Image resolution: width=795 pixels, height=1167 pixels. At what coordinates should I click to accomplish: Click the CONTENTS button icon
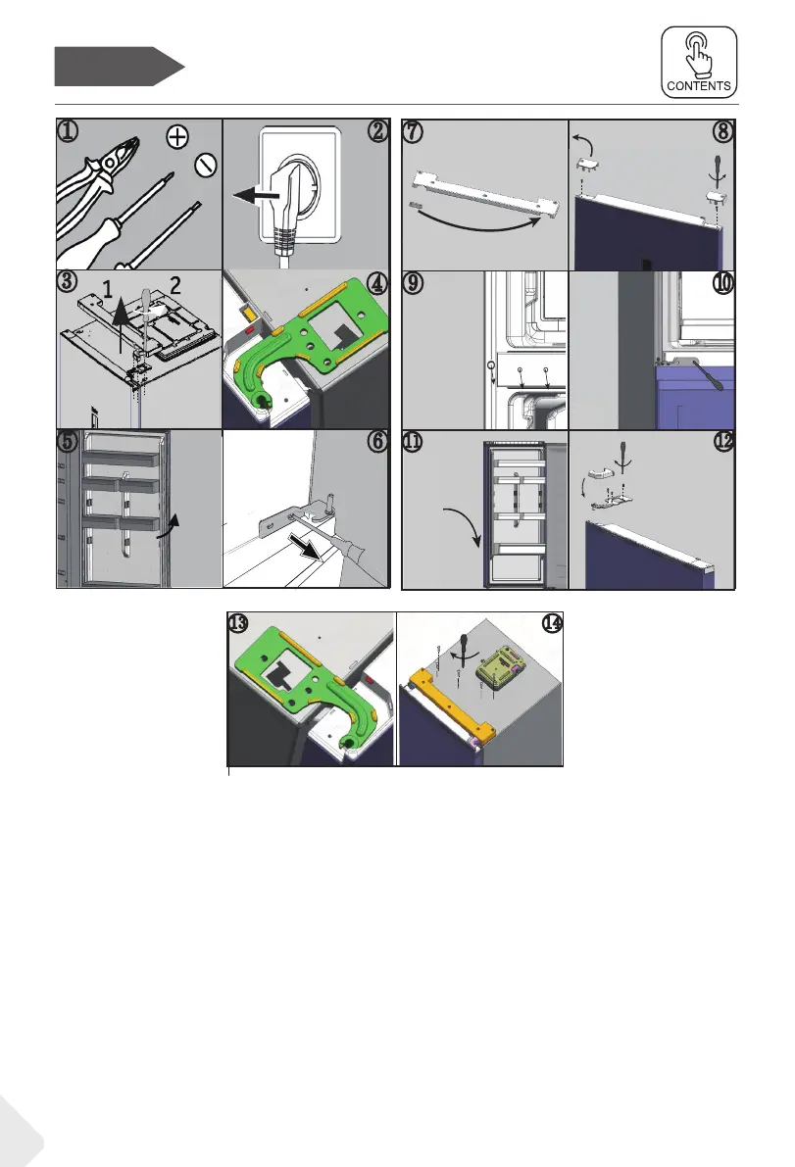[x=699, y=61]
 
